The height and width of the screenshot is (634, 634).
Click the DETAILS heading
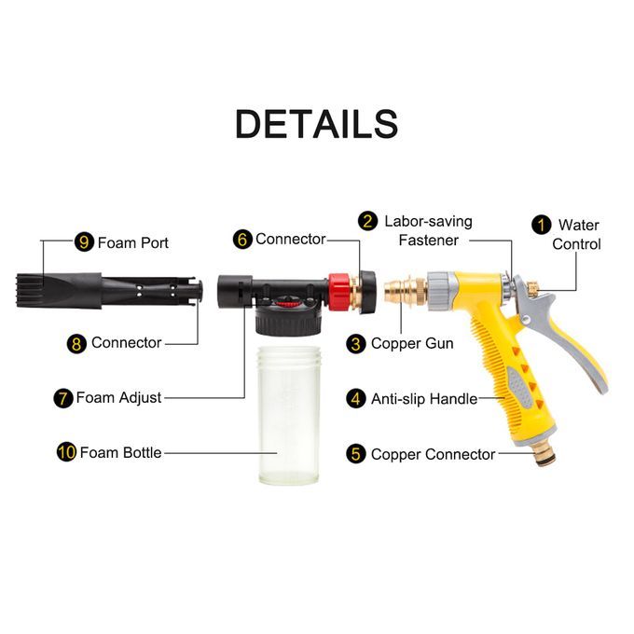317,124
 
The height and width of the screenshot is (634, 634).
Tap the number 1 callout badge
542,225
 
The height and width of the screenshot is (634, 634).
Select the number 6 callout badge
242,239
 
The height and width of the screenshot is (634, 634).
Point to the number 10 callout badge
67,452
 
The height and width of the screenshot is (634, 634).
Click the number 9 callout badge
84,242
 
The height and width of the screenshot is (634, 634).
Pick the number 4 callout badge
356,399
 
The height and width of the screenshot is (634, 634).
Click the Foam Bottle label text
120,452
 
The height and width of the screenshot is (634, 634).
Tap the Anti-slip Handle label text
424,399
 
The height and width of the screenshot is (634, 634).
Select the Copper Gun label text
412,344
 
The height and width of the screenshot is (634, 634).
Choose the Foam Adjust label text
119,397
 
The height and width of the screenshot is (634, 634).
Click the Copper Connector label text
433,454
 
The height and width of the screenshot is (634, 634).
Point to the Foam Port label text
133,242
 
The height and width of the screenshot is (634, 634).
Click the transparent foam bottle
289,415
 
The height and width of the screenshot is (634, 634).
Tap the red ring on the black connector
338,292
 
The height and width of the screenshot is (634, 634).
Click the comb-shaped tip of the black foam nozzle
30,290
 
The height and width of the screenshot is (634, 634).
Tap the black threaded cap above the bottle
288,321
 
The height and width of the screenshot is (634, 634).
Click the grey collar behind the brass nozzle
442,291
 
